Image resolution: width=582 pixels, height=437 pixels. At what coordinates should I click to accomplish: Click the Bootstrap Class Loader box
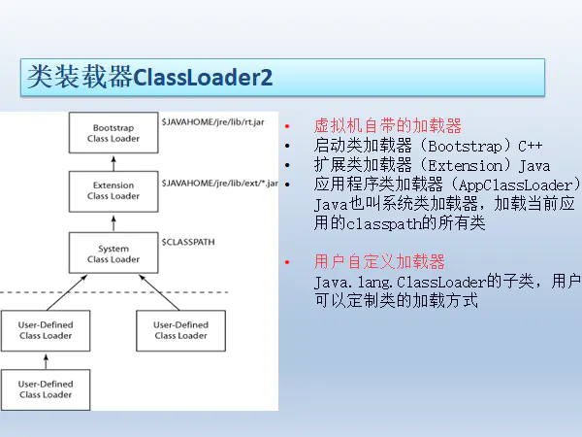click(x=113, y=133)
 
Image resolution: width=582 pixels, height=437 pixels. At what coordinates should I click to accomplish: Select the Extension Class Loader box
click(x=113, y=190)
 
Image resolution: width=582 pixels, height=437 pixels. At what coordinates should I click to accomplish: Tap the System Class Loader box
click(x=113, y=253)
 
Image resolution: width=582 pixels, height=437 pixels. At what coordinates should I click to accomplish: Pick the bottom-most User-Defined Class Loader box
click(x=46, y=389)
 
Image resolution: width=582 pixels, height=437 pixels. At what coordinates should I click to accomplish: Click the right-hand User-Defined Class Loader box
click(x=180, y=330)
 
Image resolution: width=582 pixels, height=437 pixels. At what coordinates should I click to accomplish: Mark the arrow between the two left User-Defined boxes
click(x=46, y=360)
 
